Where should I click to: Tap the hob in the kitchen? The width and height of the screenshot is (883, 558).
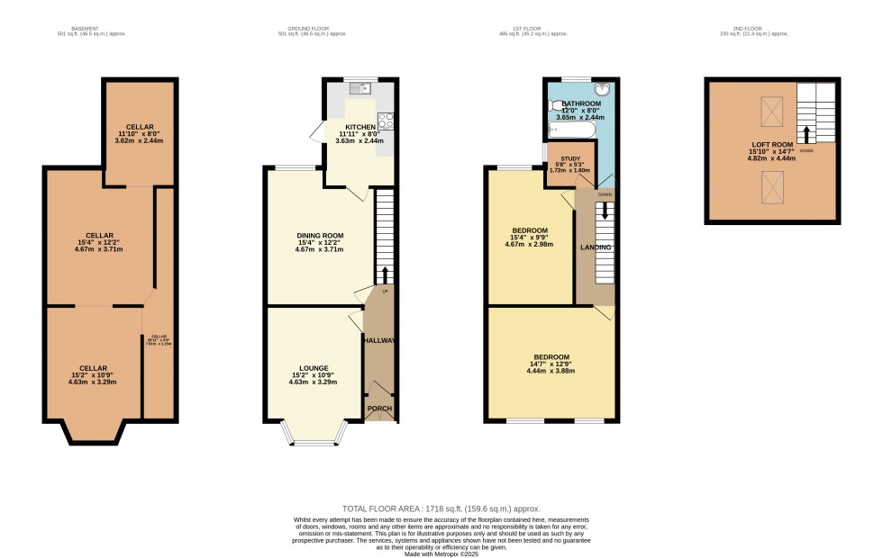[x=385, y=120]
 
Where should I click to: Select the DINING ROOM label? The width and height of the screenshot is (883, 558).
[x=320, y=236]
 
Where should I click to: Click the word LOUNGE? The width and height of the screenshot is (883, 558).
[x=313, y=367]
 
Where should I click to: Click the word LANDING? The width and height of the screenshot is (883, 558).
[x=596, y=247]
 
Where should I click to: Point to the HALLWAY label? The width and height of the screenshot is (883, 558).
[x=379, y=341]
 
